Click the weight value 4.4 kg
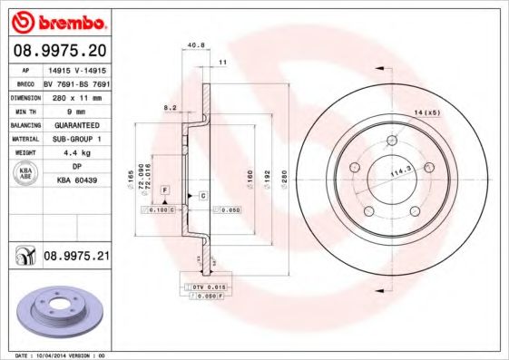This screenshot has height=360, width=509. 76,153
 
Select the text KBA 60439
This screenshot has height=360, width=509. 76,182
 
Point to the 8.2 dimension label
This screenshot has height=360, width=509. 169,108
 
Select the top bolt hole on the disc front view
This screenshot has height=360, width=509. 392,141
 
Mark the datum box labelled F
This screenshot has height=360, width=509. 166,188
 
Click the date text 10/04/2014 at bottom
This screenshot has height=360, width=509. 51,355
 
